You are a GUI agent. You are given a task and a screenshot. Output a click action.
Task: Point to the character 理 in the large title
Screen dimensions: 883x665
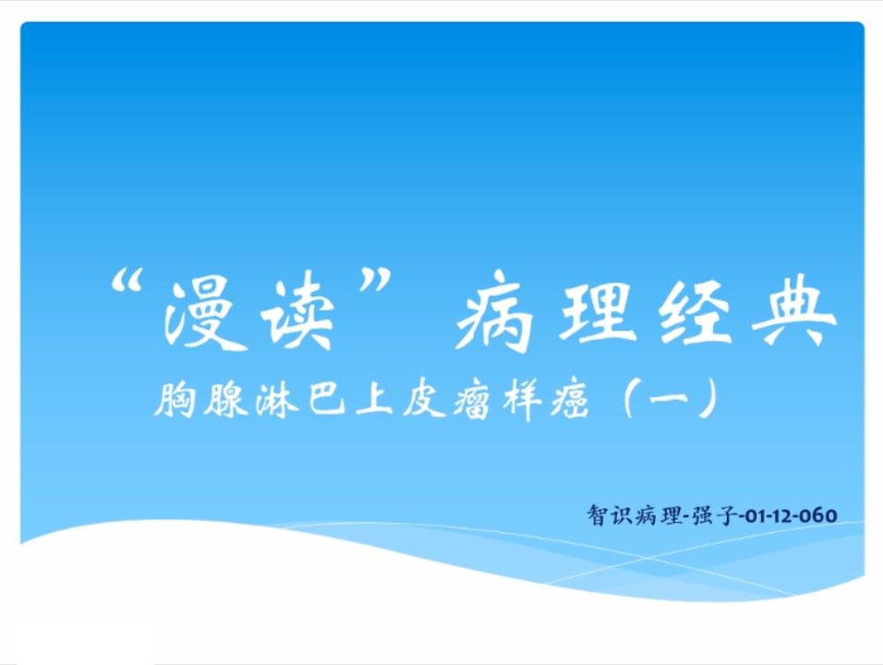pyautogui.click(x=595, y=311)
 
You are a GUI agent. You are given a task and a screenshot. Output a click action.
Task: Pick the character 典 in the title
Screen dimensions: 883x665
pyautogui.click(x=794, y=311)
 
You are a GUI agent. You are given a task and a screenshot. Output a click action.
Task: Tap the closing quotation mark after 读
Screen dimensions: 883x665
pyautogui.click(x=374, y=280)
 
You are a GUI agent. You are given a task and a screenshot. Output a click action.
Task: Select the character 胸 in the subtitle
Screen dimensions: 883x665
pyautogui.click(x=175, y=400)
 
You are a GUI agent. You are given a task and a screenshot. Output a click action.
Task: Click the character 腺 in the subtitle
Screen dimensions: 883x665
pyautogui.click(x=225, y=400)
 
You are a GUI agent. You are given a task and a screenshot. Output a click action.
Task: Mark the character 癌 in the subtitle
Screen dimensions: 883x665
pyautogui.click(x=570, y=400)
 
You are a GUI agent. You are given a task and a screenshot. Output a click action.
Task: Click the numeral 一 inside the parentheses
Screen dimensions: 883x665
pyautogui.click(x=669, y=399)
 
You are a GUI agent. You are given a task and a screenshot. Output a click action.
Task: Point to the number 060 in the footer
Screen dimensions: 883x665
pyautogui.click(x=819, y=515)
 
